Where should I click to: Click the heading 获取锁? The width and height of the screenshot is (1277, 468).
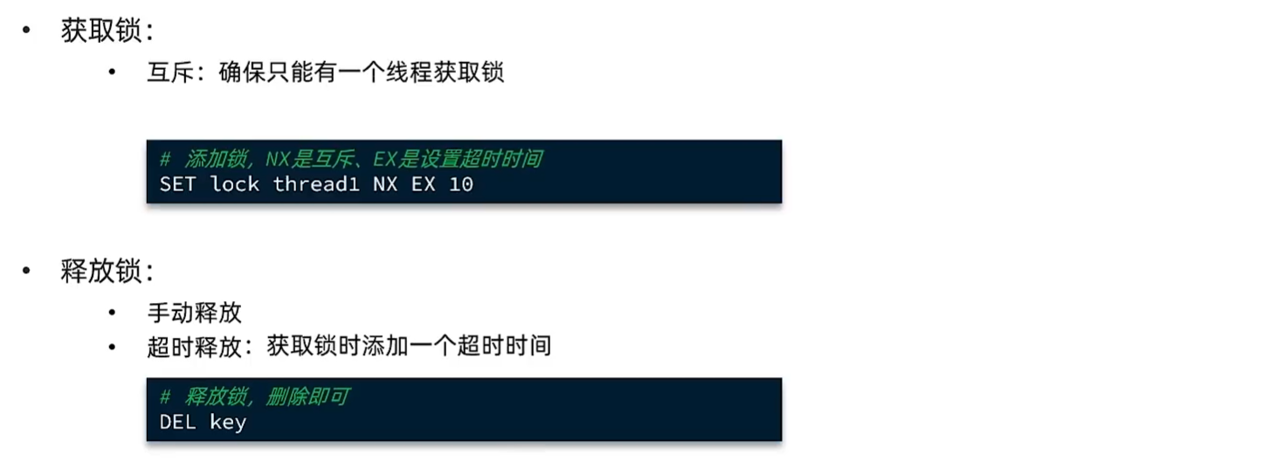coord(101,31)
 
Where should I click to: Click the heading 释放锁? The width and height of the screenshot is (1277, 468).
coord(101,271)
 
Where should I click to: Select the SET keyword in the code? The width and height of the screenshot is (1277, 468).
coord(177,184)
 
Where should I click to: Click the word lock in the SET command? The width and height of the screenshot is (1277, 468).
coord(234,184)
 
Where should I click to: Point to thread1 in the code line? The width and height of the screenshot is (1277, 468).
coord(316,184)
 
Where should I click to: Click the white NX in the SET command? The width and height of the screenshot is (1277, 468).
coord(385,184)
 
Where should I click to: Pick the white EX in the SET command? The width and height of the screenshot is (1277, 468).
coord(423,184)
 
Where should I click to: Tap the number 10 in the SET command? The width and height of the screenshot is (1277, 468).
coord(460,184)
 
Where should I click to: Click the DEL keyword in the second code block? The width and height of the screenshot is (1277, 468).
coord(177,422)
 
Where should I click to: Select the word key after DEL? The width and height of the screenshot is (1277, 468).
coord(228,423)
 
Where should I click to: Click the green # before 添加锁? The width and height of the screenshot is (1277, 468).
coord(165,159)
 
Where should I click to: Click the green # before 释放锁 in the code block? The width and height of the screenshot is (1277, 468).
coord(165,396)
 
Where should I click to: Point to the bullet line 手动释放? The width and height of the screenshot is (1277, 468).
coord(195,313)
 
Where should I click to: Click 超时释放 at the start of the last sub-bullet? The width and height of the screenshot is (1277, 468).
coord(195,347)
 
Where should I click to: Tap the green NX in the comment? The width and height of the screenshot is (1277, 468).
coord(278,159)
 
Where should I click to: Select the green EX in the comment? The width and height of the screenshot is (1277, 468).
coord(385,159)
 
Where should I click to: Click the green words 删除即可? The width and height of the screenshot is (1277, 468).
coord(307,396)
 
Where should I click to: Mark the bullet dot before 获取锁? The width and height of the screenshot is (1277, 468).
coord(26,31)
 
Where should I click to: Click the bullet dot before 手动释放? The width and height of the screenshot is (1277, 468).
coord(113,313)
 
